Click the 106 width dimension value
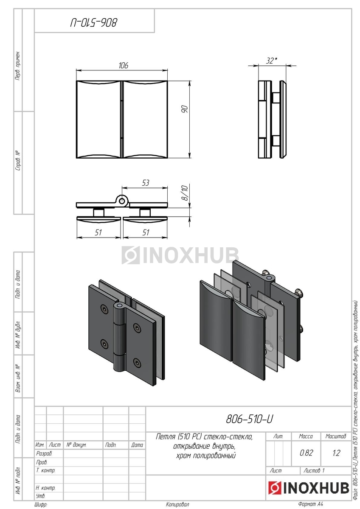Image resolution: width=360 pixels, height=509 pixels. (124, 65)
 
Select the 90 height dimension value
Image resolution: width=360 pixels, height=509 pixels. (184, 110)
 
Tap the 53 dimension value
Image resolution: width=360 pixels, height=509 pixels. (146, 183)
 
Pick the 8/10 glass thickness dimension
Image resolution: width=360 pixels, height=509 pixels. (184, 193)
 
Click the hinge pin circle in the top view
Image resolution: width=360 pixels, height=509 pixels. (123, 201)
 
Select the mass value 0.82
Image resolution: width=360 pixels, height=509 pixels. (306, 453)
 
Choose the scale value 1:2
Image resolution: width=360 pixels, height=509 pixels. (336, 453)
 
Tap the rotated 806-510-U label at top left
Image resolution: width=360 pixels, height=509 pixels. (94, 22)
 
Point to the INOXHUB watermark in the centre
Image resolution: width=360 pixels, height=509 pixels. (180, 255)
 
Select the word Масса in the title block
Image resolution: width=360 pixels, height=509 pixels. (306, 436)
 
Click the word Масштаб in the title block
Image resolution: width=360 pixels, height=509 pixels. (336, 436)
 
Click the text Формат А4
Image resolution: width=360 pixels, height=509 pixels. (311, 504)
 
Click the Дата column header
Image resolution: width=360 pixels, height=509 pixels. (137, 445)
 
